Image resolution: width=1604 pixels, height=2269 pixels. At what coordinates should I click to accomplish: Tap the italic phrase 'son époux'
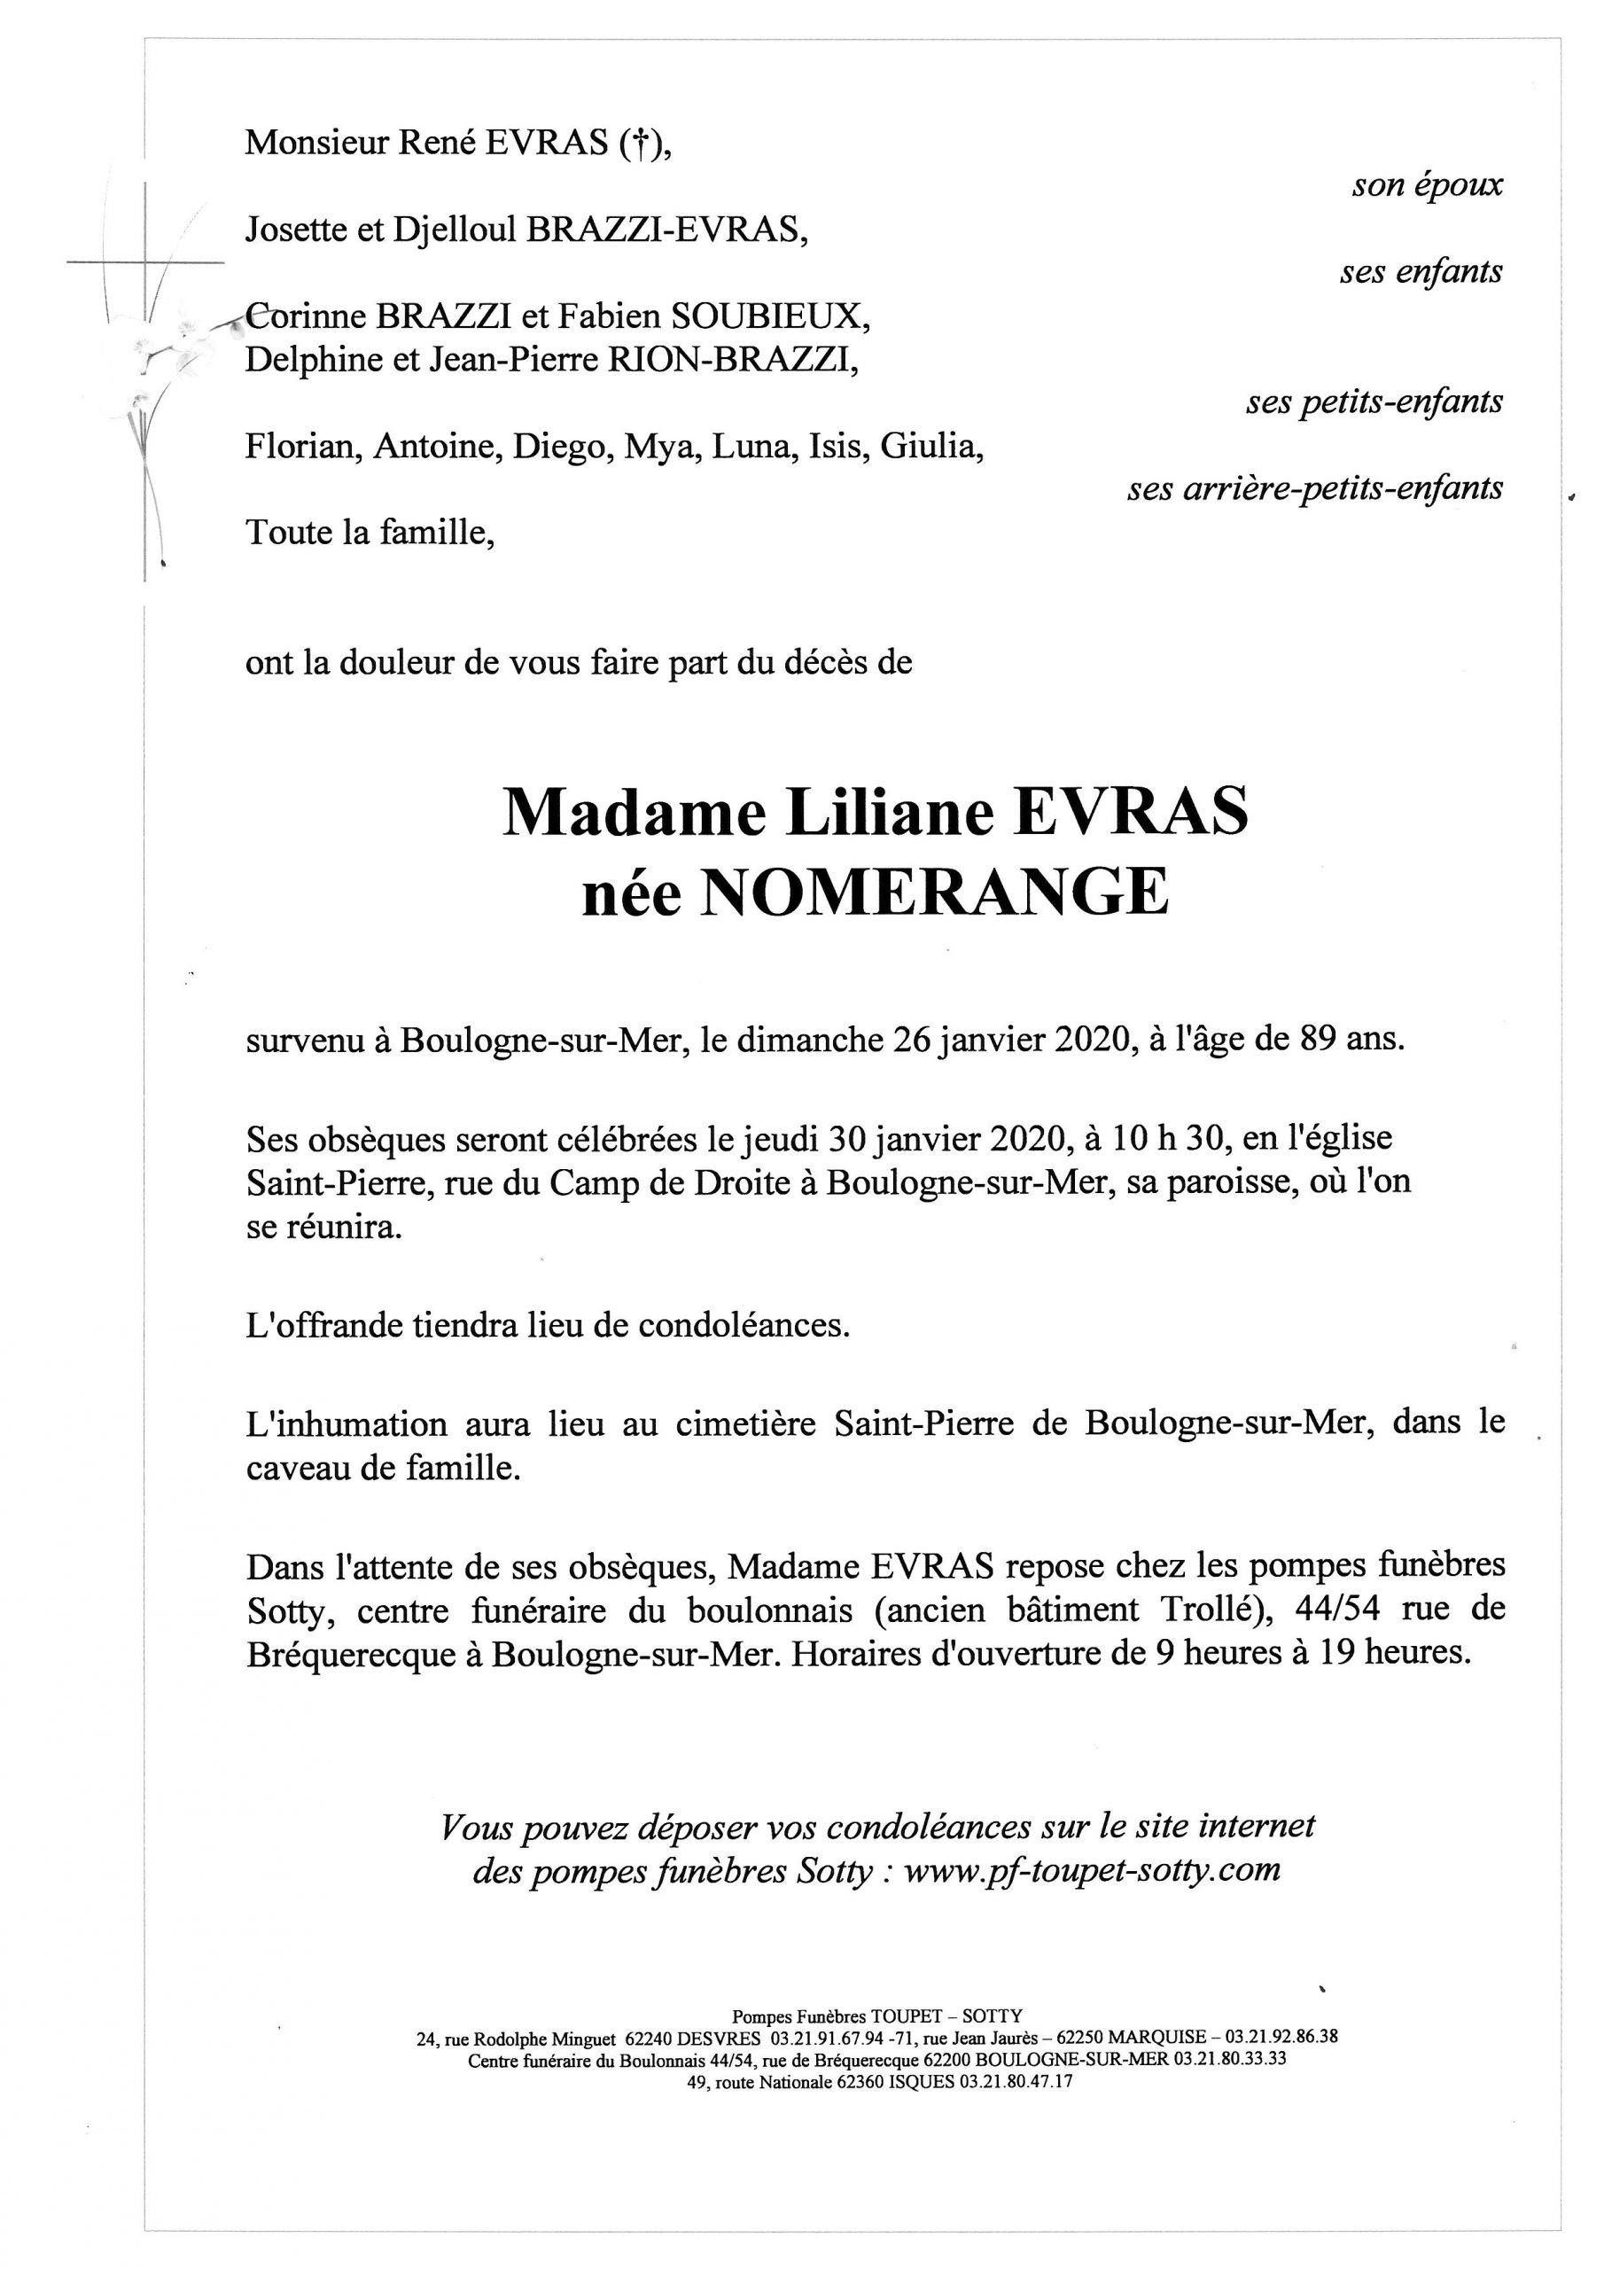[1426, 185]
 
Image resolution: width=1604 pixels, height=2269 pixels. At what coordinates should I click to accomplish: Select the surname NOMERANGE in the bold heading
[934, 893]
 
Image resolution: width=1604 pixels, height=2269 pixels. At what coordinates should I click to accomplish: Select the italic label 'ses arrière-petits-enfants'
[1314, 488]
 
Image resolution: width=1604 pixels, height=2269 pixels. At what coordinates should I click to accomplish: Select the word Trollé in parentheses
[1211, 1609]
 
